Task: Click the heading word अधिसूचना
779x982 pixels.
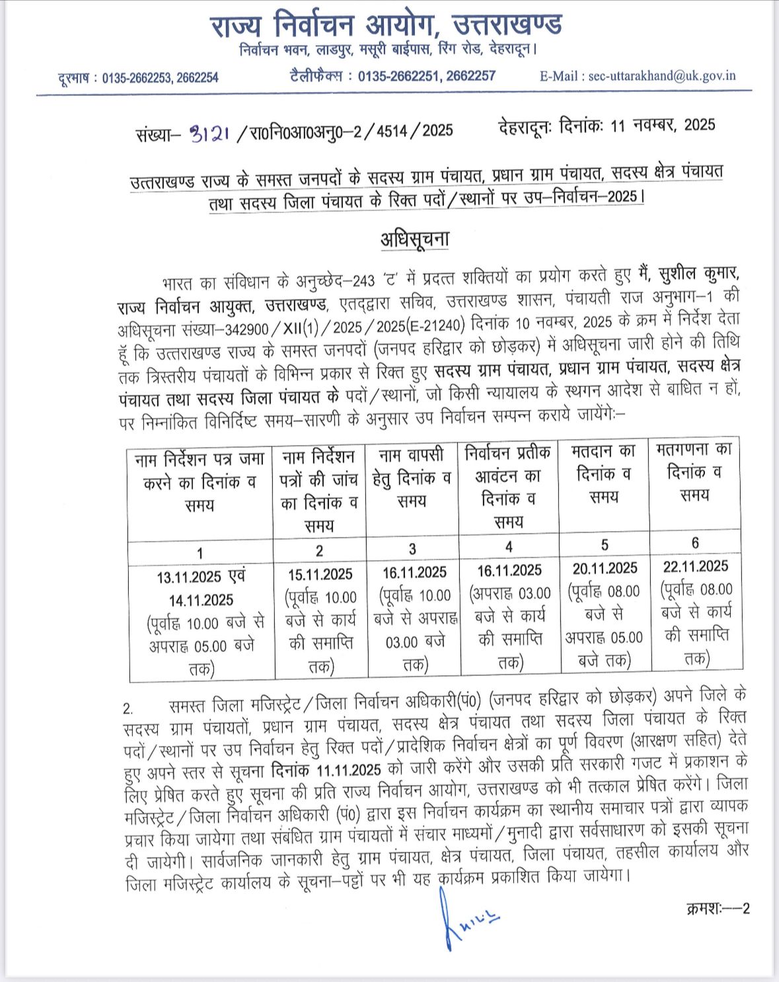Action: [414, 238]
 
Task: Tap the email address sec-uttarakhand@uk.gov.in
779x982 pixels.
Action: [661, 75]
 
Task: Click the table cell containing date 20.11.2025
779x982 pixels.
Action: [605, 614]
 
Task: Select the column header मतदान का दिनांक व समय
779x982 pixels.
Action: [604, 473]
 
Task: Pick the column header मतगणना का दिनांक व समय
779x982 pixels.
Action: [694, 471]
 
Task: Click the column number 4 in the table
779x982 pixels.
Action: [509, 547]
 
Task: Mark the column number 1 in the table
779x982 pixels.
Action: [200, 553]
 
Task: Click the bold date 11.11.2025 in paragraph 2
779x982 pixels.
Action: [348, 770]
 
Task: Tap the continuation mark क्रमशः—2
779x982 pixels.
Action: [718, 908]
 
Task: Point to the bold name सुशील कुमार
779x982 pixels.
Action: [698, 273]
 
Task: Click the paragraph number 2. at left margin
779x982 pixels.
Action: [129, 708]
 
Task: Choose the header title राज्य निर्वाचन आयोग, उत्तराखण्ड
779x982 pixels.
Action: [387, 26]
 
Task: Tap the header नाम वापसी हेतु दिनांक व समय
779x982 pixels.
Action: [412, 477]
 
